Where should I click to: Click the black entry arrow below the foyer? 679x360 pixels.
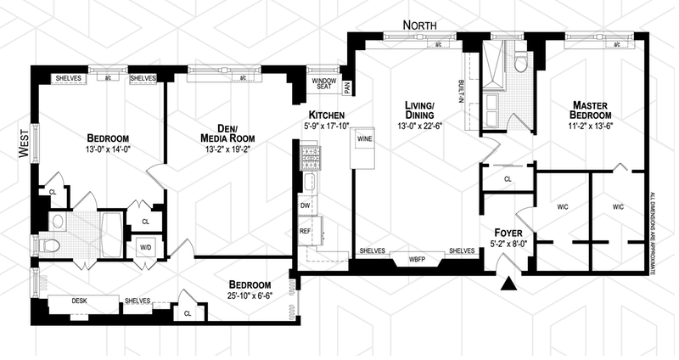coord(508,284)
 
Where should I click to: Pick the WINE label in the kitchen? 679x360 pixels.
coord(366,138)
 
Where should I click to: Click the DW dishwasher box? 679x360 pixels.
coord(305,206)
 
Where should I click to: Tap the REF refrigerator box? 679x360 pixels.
coord(305,231)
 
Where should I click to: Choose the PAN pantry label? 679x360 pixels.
coord(347,86)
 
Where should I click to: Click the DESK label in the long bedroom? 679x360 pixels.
coord(79,300)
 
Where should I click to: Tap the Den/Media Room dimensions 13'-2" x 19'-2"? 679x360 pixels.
coord(223,149)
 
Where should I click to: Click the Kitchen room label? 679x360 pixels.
coord(326,115)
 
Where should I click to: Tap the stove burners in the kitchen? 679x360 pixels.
coord(308,156)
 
